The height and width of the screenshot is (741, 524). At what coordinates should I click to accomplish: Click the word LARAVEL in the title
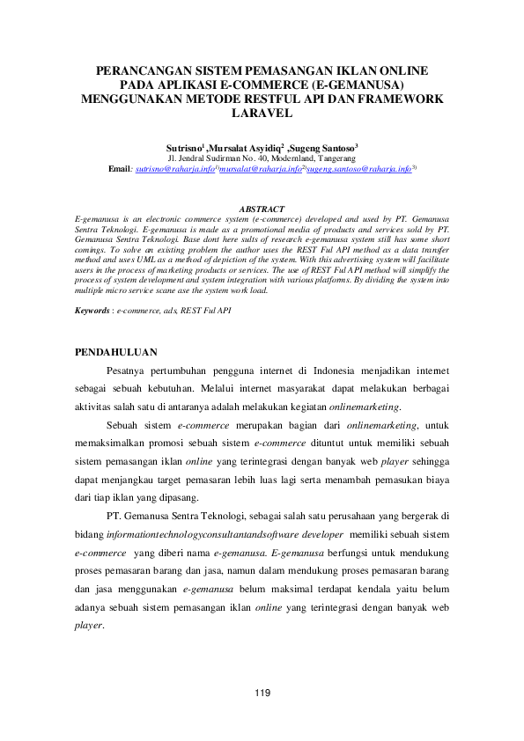pyautogui.click(x=262, y=114)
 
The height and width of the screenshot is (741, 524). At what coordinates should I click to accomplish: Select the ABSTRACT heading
pyautogui.click(x=262, y=209)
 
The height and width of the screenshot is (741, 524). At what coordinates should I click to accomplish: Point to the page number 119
pyautogui.click(x=262, y=695)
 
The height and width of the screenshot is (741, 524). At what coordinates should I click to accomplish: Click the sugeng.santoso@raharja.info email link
pyautogui.click(x=360, y=167)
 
